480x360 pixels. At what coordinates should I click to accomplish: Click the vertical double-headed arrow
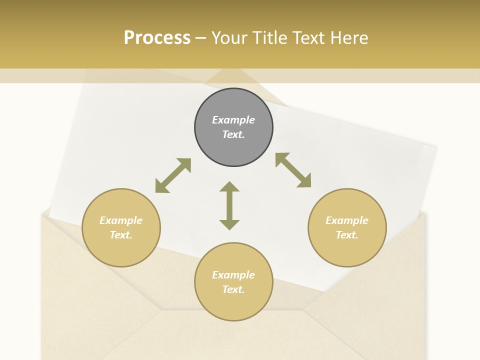pyautogui.click(x=229, y=205)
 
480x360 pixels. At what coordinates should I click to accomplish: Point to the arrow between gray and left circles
pyautogui.click(x=173, y=175)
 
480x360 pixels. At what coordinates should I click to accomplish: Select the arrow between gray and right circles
pyautogui.click(x=293, y=170)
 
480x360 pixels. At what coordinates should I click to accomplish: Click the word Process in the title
pyautogui.click(x=157, y=38)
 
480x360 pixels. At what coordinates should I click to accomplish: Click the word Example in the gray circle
pyautogui.click(x=233, y=120)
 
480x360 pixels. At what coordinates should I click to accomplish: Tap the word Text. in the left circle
pyautogui.click(x=121, y=235)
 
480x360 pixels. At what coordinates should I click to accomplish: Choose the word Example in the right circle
pyautogui.click(x=347, y=220)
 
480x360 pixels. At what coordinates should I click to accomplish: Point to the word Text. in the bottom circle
pyautogui.click(x=233, y=289)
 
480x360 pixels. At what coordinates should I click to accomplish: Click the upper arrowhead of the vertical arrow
pyautogui.click(x=229, y=187)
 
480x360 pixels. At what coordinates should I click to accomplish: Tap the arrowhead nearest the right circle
pyautogui.click(x=304, y=181)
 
